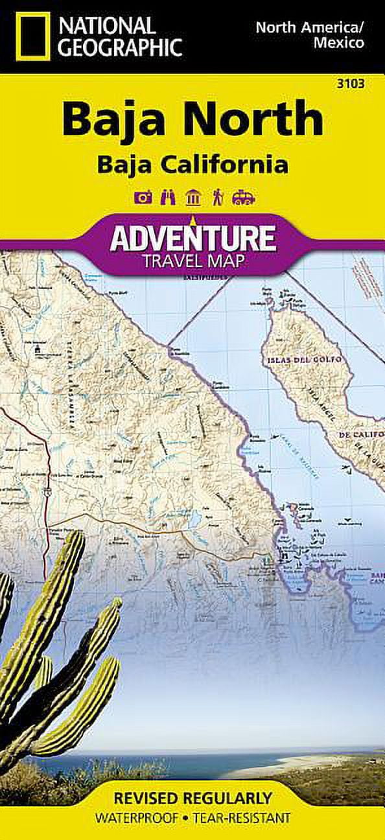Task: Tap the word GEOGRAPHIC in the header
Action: [x=119, y=47]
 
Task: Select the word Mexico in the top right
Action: [x=338, y=44]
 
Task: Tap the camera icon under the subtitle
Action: [x=143, y=198]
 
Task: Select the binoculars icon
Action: [x=167, y=198]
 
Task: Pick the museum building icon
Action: [x=192, y=198]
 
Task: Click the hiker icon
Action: [x=217, y=198]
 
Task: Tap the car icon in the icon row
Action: [x=243, y=198]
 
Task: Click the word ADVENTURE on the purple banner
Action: [x=192, y=238]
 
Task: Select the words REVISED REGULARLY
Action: [x=192, y=797]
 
